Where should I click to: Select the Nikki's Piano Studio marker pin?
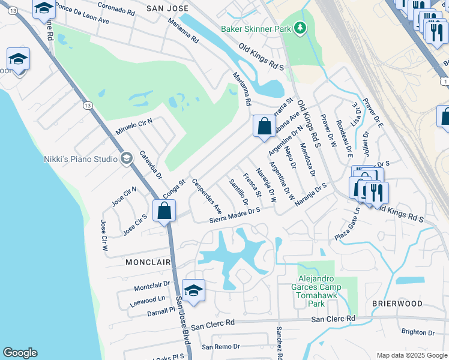click(x=126, y=158)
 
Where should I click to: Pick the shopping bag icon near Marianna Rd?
click(x=264, y=127)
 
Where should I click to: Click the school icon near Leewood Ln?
click(x=193, y=290)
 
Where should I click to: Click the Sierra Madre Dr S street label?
click(x=234, y=215)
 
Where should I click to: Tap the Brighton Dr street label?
click(x=418, y=332)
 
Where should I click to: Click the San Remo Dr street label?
click(x=220, y=347)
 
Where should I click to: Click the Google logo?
click(x=20, y=352)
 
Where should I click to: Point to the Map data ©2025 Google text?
click(x=411, y=355)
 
